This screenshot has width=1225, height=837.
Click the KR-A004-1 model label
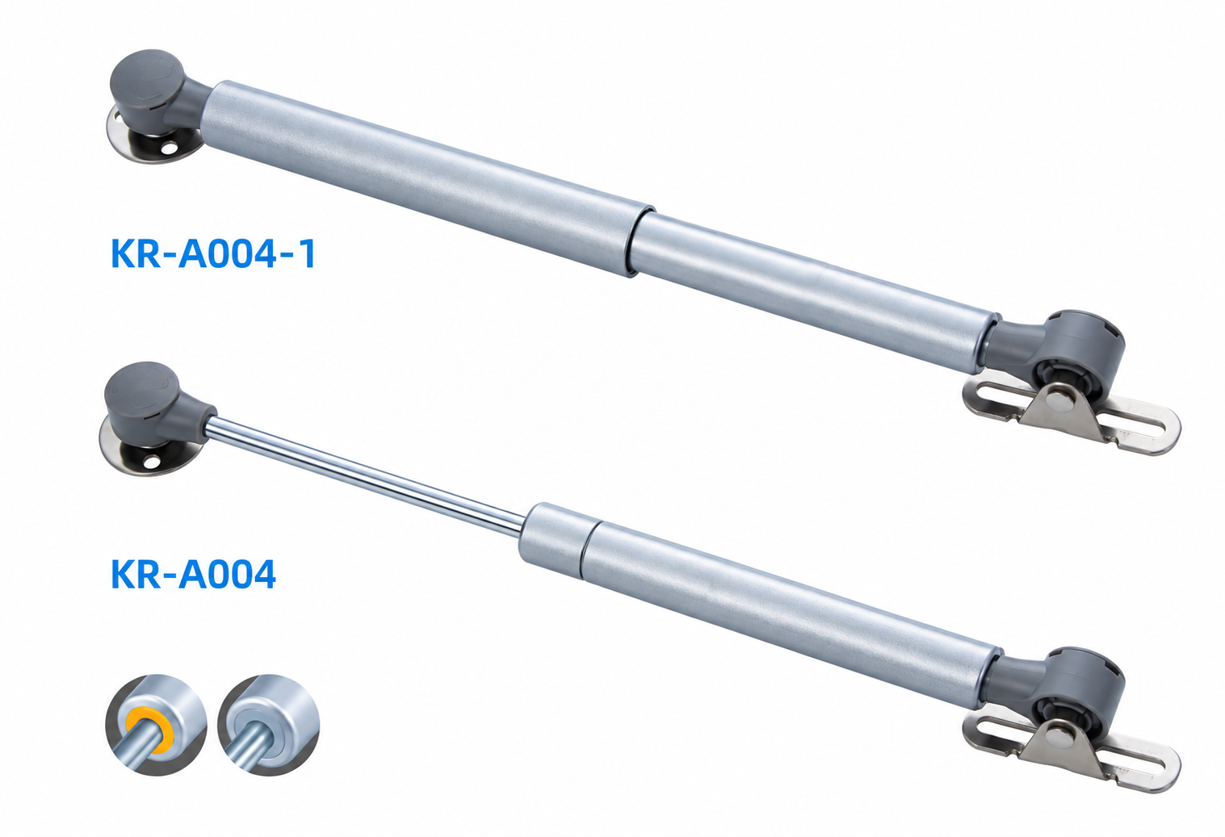(x=213, y=253)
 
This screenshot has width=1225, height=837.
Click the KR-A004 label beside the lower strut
(x=193, y=575)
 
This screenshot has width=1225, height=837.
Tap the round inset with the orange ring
(x=156, y=724)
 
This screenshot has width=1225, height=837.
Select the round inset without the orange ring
(x=269, y=724)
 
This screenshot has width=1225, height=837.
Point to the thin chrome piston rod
(x=363, y=474)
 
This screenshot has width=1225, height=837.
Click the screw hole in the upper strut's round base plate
(x=171, y=148)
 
